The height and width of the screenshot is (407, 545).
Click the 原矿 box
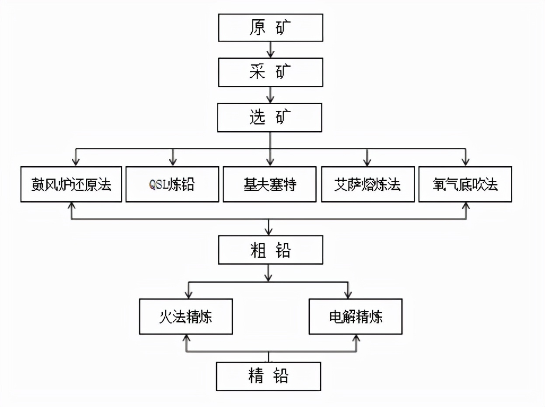[x=271, y=28]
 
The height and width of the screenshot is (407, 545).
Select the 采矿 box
[x=271, y=73]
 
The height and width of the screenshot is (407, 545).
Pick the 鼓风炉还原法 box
[x=71, y=184]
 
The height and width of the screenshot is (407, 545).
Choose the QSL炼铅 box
[x=172, y=184]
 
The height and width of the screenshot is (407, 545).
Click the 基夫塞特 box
[x=270, y=184]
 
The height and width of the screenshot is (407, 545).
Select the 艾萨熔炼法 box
[x=367, y=184]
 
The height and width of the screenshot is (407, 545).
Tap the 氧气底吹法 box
[x=465, y=184]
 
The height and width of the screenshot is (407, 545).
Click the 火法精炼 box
[x=186, y=316]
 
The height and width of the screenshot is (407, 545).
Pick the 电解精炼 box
[x=356, y=316]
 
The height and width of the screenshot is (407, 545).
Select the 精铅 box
[x=269, y=376]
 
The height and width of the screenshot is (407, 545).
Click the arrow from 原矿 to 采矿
[x=271, y=49]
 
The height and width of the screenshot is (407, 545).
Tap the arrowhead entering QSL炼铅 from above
[x=173, y=161]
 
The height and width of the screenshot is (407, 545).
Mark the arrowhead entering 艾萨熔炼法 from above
[x=367, y=161]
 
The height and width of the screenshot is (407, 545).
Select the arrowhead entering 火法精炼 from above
[x=188, y=295]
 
